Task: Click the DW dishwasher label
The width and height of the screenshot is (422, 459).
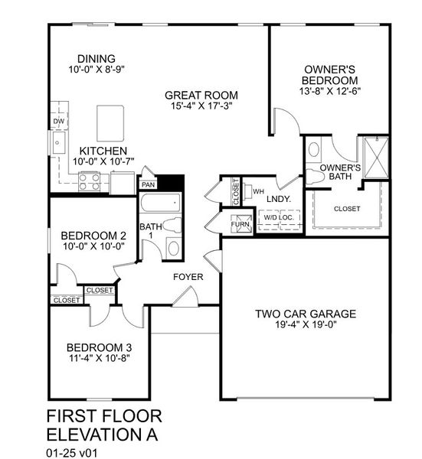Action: click(x=58, y=121)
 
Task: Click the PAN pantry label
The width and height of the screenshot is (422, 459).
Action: click(x=148, y=184)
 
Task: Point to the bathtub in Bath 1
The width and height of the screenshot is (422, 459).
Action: click(x=160, y=205)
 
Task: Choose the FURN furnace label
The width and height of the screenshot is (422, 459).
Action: click(x=242, y=225)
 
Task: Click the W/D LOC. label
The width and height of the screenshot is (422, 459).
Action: click(x=278, y=218)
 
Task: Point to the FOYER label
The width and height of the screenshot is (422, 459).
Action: click(x=188, y=276)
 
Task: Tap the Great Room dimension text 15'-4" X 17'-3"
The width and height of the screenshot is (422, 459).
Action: click(x=201, y=106)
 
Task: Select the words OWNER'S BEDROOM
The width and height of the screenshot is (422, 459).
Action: click(x=330, y=74)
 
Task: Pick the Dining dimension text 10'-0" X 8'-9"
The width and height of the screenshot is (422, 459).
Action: click(x=96, y=70)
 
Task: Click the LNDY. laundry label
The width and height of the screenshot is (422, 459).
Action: click(x=276, y=199)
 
